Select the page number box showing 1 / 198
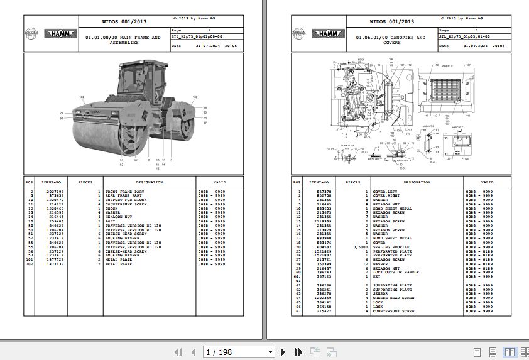click(239, 352)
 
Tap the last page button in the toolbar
click(298, 352)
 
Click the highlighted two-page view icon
click(510, 352)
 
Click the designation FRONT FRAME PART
click(124, 191)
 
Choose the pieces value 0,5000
click(361, 247)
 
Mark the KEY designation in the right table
click(377, 276)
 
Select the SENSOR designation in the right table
click(381, 293)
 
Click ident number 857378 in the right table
click(324, 191)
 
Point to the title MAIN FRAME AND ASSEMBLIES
click(123, 40)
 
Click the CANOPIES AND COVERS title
click(391, 40)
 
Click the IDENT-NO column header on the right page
click(320, 182)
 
